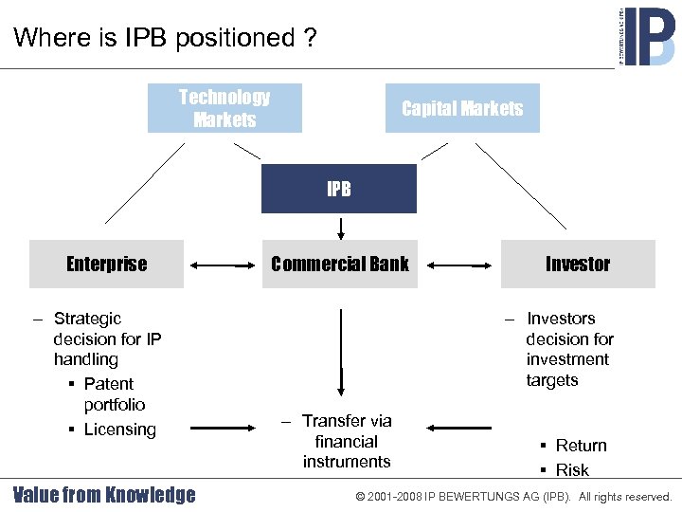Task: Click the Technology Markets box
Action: click(224, 108)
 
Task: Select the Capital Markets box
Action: click(462, 108)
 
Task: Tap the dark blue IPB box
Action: click(339, 189)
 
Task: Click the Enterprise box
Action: click(106, 264)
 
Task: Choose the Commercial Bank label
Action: click(339, 264)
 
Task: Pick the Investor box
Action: click(578, 264)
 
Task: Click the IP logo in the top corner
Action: click(648, 35)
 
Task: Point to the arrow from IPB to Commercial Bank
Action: click(340, 229)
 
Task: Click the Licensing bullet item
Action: click(119, 430)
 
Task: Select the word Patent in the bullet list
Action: click(109, 384)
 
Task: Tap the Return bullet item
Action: click(581, 446)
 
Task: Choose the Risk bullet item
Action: click(572, 470)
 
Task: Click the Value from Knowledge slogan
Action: click(104, 495)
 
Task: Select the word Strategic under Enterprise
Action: click(87, 319)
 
